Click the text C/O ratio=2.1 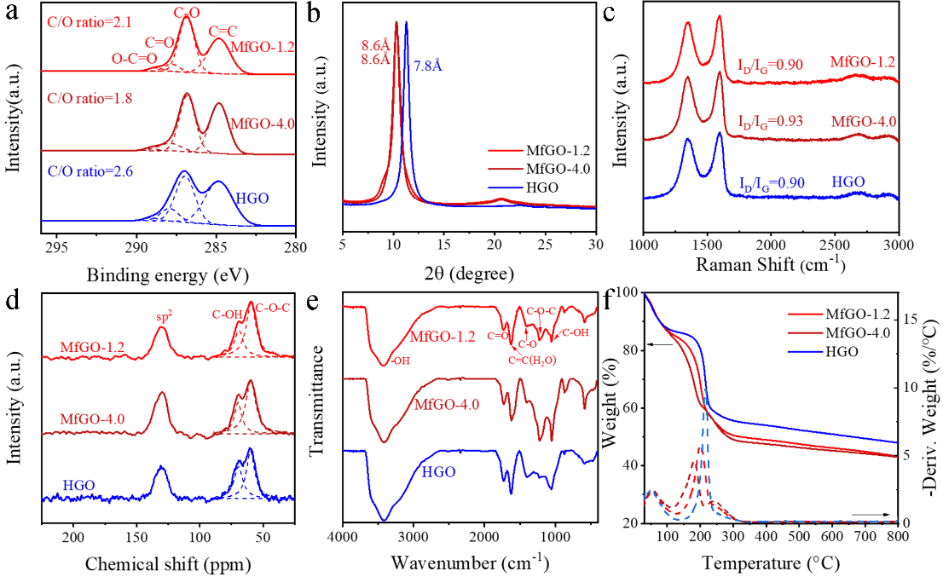[x=89, y=23]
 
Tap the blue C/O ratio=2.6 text [x=89, y=170]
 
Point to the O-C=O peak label [x=135, y=59]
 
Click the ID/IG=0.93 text [x=772, y=124]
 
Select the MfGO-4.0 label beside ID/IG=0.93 [x=864, y=122]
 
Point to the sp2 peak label [x=165, y=318]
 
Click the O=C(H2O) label [x=533, y=361]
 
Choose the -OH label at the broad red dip [x=401, y=361]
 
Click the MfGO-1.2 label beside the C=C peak [x=262, y=48]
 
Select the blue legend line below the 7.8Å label [x=506, y=187]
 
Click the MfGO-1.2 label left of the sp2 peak [x=92, y=348]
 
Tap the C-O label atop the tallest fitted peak [x=188, y=12]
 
